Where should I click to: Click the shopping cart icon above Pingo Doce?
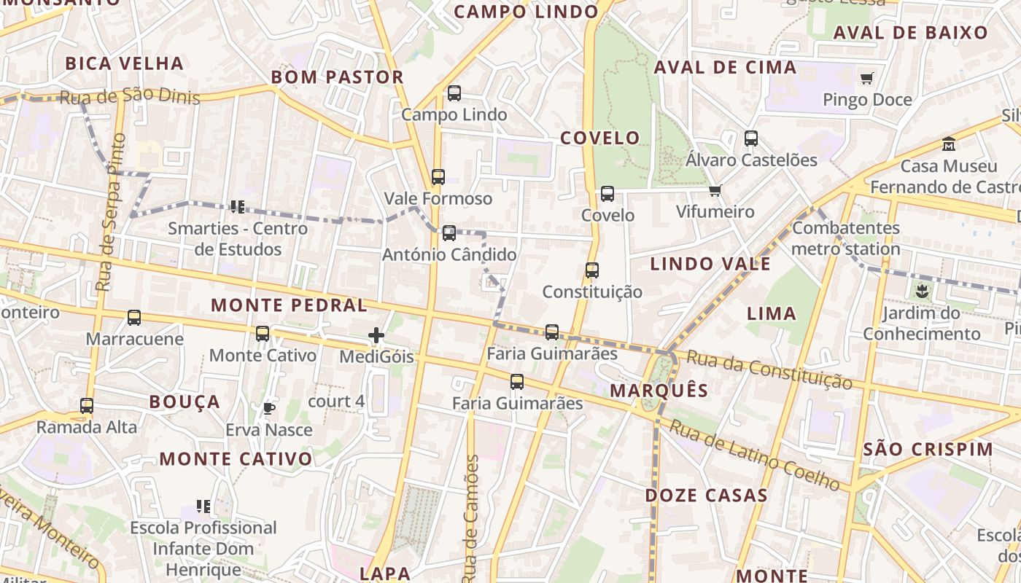point(866,78)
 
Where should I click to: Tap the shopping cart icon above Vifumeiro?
point(715,191)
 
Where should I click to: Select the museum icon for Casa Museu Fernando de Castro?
point(949,144)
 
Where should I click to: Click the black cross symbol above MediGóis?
point(376,335)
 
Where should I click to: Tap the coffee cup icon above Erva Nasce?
point(268,408)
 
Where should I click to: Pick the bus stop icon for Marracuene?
point(134,318)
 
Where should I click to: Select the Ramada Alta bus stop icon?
point(87,406)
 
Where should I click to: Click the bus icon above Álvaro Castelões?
point(751,138)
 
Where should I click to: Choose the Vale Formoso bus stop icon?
point(438,177)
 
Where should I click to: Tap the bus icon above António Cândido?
point(449,233)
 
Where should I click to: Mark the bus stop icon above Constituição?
point(592,270)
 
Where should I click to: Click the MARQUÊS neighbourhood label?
point(659,391)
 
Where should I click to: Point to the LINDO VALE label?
point(710,264)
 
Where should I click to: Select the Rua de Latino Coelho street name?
point(754,455)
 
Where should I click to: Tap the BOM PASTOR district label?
point(337,77)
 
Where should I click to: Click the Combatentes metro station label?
point(846,238)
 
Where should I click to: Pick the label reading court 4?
point(336,402)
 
